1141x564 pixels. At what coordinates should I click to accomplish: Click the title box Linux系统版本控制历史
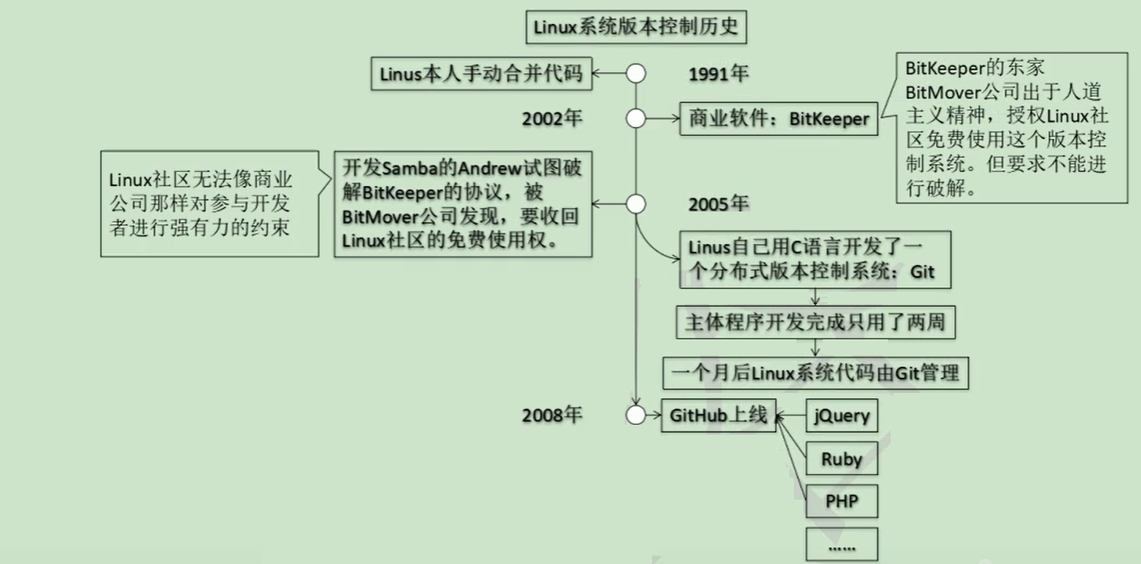click(x=636, y=27)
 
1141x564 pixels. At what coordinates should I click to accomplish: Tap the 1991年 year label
click(x=718, y=74)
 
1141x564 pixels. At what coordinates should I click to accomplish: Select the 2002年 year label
click(x=552, y=119)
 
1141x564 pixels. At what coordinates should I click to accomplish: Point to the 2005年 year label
click(x=718, y=204)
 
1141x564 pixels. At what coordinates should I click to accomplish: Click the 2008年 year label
click(x=552, y=415)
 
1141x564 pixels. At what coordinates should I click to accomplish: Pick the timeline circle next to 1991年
click(x=636, y=73)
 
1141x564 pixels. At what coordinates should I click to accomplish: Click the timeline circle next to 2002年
click(x=636, y=118)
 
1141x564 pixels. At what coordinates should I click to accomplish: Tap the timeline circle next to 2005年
click(x=636, y=204)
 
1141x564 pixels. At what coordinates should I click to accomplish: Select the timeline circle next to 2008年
click(x=636, y=415)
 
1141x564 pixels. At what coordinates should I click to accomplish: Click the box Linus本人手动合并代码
click(x=481, y=74)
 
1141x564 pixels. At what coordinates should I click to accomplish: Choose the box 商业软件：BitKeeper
click(x=779, y=119)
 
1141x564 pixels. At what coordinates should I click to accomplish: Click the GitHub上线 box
click(x=719, y=416)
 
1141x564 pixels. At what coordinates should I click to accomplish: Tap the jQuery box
click(x=842, y=416)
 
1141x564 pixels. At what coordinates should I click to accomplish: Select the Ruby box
click(x=842, y=458)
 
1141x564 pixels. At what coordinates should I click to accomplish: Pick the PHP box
click(x=842, y=501)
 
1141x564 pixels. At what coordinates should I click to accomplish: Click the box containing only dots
click(x=842, y=545)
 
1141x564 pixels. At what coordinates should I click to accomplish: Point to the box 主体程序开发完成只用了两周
click(x=816, y=323)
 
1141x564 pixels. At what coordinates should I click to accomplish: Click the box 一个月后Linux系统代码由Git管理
click(x=816, y=374)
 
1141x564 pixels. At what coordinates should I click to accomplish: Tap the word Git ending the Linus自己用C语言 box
click(x=922, y=271)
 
